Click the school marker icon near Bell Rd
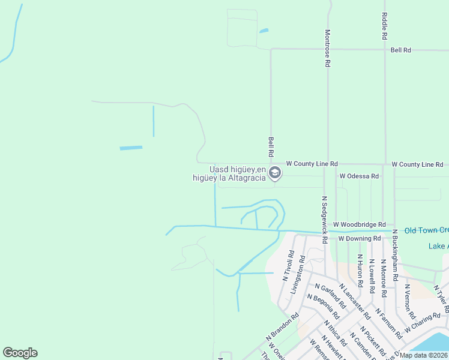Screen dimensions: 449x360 (x=275, y=173)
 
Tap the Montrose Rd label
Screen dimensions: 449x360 (x=328, y=48)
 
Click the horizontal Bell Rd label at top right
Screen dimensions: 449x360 (x=400, y=50)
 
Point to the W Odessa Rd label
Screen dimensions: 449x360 (x=359, y=176)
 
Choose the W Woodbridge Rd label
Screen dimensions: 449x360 (x=358, y=224)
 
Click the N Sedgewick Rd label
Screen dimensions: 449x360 (x=324, y=219)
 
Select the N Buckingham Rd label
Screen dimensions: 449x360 (x=395, y=256)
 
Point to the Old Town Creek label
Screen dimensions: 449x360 (x=426, y=230)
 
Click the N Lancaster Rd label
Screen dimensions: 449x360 (x=355, y=302)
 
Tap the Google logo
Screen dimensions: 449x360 (x=20, y=353)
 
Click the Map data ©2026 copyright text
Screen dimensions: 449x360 (x=424, y=355)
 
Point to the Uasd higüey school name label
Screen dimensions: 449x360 (x=230, y=173)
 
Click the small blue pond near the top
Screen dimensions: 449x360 (x=264, y=30)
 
